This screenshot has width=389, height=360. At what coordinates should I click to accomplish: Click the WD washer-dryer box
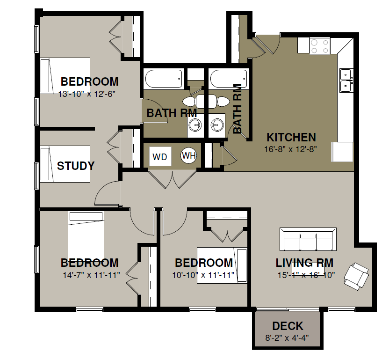coord(160,156)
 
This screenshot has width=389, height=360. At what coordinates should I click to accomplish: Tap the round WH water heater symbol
coord(189,156)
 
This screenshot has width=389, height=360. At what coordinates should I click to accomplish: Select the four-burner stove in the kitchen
coord(320,46)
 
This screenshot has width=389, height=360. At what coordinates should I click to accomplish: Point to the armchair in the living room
coord(356,276)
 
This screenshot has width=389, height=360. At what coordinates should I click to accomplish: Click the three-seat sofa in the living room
coord(308,239)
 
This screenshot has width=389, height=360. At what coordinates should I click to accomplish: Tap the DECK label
coord(288,326)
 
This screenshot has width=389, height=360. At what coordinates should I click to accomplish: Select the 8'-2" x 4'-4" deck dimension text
coord(287,338)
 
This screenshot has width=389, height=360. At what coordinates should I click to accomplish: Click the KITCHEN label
coord(291,137)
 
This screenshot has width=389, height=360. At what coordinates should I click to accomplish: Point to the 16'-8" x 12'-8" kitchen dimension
coord(290,149)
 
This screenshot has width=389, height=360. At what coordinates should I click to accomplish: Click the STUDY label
coord(76,166)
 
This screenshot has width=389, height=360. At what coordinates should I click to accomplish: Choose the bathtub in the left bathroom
coord(164,79)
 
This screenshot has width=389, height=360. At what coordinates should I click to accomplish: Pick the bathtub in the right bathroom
coord(229,79)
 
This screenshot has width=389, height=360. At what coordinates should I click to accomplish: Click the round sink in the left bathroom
coord(195,125)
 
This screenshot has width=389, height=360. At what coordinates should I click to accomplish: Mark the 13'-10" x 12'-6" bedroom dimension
coord(87,94)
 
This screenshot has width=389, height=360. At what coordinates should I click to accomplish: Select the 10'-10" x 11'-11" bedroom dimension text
coord(203,275)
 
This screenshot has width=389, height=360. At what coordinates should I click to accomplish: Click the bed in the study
coord(65,164)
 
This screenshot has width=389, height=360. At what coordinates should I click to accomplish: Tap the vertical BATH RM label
coord(238,109)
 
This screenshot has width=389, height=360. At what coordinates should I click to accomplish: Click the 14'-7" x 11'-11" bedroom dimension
coord(92,275)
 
